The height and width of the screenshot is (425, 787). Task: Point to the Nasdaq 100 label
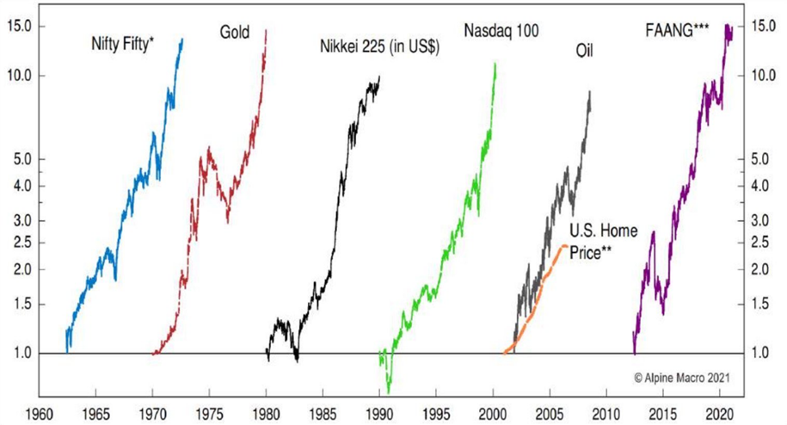pos(501,32)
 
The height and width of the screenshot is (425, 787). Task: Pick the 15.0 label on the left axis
pos(21,26)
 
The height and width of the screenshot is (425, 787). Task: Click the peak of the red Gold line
pos(266,30)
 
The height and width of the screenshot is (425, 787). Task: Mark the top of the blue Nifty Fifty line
pos(181,39)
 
